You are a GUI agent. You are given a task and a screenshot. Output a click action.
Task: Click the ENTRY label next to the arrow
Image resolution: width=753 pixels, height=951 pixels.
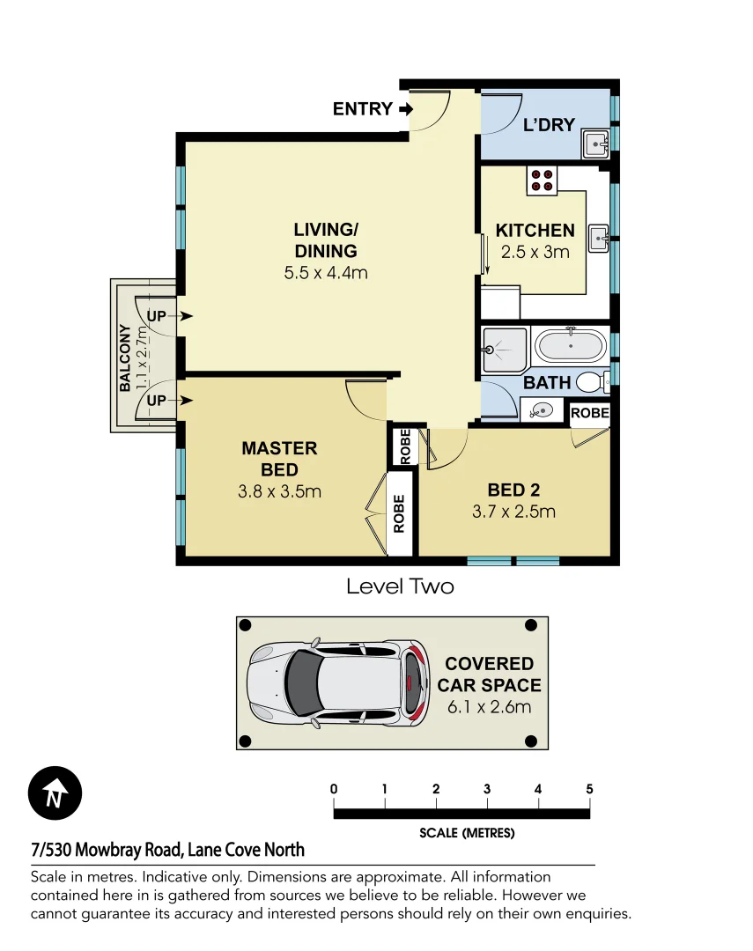pyautogui.click(x=362, y=109)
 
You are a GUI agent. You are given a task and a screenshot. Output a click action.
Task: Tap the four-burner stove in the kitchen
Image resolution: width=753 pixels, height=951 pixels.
pyautogui.click(x=542, y=180)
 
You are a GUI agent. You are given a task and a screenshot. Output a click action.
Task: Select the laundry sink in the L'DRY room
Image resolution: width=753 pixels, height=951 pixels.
pyautogui.click(x=596, y=144)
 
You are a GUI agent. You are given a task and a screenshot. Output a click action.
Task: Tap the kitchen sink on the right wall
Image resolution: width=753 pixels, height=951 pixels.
pyautogui.click(x=599, y=236)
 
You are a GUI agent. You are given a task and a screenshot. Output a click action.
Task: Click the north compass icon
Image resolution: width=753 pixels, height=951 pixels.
pyautogui.click(x=55, y=794)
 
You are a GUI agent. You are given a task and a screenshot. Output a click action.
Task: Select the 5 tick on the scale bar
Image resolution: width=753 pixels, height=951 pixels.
pyautogui.click(x=589, y=789)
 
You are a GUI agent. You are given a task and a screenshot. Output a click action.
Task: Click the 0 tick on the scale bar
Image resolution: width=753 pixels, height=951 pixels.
pyautogui.click(x=334, y=789)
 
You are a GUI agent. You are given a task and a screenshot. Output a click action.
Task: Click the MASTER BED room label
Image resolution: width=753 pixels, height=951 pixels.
pyautogui.click(x=279, y=459)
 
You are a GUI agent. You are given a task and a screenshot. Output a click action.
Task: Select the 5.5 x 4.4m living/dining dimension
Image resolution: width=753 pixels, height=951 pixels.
pyautogui.click(x=325, y=273)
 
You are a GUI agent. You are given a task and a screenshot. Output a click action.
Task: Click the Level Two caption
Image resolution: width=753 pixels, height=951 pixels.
pyautogui.click(x=400, y=586)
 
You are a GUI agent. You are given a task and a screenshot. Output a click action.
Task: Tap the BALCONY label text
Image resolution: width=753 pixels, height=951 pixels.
pyautogui.click(x=125, y=358)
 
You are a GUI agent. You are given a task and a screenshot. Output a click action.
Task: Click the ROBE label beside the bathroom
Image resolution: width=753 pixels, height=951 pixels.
pyautogui.click(x=589, y=413)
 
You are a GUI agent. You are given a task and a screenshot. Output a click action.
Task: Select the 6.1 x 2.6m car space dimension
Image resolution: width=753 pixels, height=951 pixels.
pyautogui.click(x=488, y=706)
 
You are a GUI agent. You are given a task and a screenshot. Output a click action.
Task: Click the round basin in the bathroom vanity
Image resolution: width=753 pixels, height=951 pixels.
pyautogui.click(x=541, y=409)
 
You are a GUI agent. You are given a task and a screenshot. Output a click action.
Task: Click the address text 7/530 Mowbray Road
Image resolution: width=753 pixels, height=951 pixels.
pyautogui.click(x=167, y=850)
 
